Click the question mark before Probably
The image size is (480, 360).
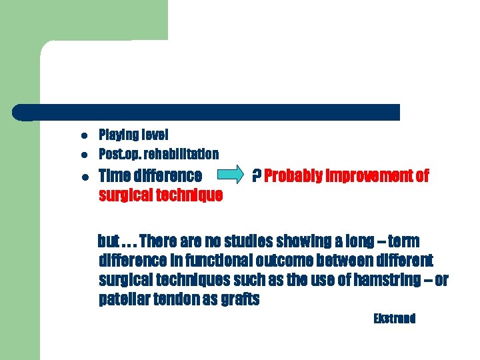(256, 176)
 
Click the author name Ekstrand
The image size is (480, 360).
(395, 319)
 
